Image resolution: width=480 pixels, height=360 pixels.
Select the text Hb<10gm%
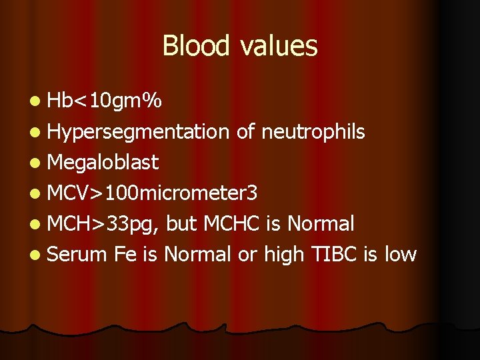(104, 101)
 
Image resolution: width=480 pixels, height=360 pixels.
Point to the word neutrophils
(313, 132)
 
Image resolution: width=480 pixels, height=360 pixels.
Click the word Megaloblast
(103, 162)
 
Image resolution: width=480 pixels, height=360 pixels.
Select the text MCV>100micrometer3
(152, 193)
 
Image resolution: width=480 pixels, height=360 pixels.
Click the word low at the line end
(399, 254)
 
